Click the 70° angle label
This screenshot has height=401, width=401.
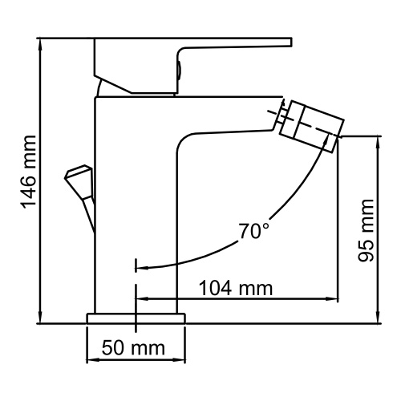[x=253, y=232]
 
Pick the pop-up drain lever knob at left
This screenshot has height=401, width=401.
[x=78, y=175]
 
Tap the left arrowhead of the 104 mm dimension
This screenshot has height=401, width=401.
[x=142, y=299]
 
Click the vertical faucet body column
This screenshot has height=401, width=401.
[x=136, y=200]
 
